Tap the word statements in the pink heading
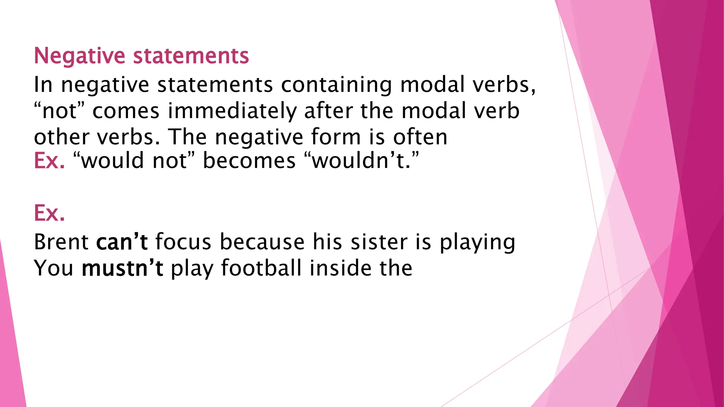coord(191,56)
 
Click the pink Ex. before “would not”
coord(49,161)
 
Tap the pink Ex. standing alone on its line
coord(49,213)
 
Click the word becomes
coord(249,161)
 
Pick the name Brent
coord(61,242)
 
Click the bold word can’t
coord(122,242)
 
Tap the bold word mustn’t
coord(122,268)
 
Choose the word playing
coord(477,243)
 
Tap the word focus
coord(183,242)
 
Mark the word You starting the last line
coord(54,268)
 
